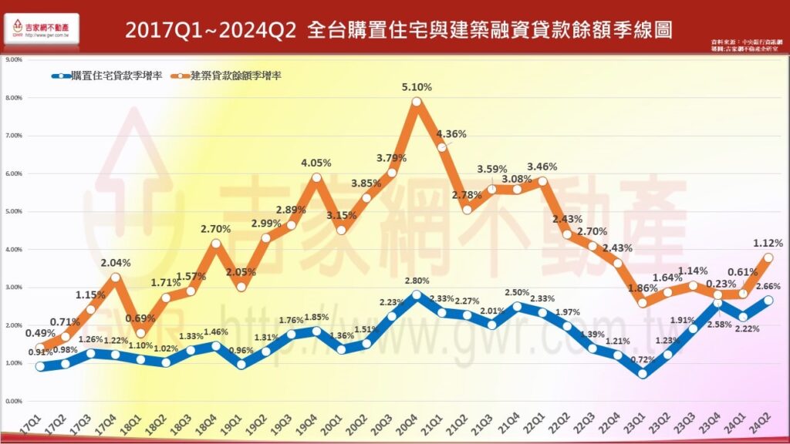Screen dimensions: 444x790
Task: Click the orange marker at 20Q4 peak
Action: coord(417,101)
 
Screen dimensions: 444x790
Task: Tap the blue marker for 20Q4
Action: coord(417,294)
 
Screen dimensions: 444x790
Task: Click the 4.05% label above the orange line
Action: coord(316,163)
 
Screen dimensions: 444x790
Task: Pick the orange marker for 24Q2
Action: coord(768,257)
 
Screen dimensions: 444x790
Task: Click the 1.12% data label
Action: coord(768,243)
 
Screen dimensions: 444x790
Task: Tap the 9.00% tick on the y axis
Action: coord(13,59)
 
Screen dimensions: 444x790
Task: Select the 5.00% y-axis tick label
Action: coord(13,211)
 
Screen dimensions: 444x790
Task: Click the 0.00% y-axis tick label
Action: coord(13,402)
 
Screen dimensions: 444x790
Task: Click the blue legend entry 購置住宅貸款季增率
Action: coord(108,76)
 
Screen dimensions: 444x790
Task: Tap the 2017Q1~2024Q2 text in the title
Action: coord(209,30)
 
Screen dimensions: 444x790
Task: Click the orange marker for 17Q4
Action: coord(116,277)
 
